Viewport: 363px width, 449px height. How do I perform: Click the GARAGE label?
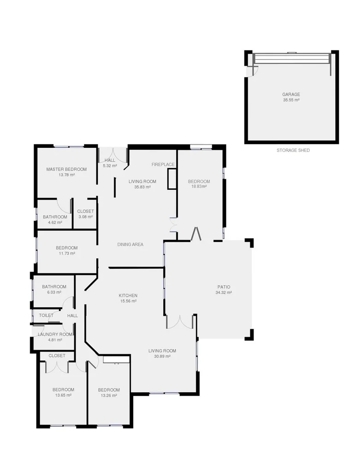click(x=291, y=94)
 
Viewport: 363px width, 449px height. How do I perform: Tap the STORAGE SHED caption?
click(x=293, y=151)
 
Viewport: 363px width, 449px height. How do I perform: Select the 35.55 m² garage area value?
click(x=291, y=100)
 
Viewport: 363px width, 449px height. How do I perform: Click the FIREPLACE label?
click(x=163, y=164)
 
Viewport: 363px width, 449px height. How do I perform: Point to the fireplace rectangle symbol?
click(x=172, y=179)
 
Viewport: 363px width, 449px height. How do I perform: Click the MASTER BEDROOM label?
click(x=66, y=170)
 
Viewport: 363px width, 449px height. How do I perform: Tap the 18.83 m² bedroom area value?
click(x=199, y=187)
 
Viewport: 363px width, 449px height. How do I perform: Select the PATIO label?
click(x=223, y=287)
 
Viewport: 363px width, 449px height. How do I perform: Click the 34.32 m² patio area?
click(x=223, y=292)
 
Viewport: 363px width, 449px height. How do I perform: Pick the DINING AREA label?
click(x=131, y=244)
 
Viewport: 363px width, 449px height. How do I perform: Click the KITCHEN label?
click(x=128, y=296)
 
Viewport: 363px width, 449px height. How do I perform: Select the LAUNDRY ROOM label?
click(x=55, y=334)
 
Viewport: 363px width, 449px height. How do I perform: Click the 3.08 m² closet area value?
click(x=85, y=217)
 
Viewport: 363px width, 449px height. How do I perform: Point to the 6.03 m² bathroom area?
click(x=54, y=292)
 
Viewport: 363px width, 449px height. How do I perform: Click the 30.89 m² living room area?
click(x=162, y=356)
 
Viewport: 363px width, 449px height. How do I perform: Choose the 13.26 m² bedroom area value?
click(x=108, y=395)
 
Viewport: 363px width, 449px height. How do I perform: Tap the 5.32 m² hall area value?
click(x=110, y=165)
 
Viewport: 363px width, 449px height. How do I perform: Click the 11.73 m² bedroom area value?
click(x=66, y=253)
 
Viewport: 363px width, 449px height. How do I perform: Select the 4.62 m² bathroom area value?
click(x=55, y=222)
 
